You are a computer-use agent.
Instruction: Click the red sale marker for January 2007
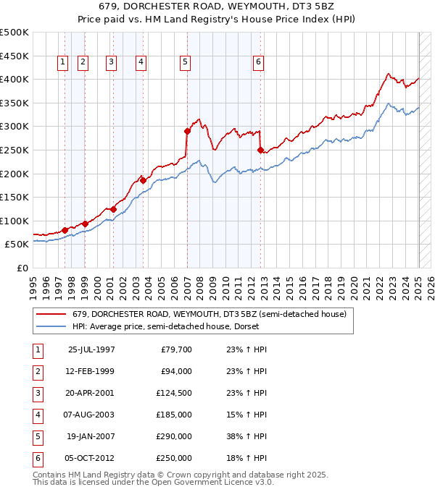coord(187,131)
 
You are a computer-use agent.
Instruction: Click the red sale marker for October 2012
coord(260,150)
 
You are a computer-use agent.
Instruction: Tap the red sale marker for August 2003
coord(144,180)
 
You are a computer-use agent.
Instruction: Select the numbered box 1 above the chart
coord(63,63)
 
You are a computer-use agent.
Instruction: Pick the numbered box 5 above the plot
coord(186,63)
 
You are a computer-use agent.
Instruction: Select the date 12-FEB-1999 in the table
coord(91,371)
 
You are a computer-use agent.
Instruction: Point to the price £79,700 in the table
coord(175,349)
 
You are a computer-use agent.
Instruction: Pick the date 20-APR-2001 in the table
coord(91,393)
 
